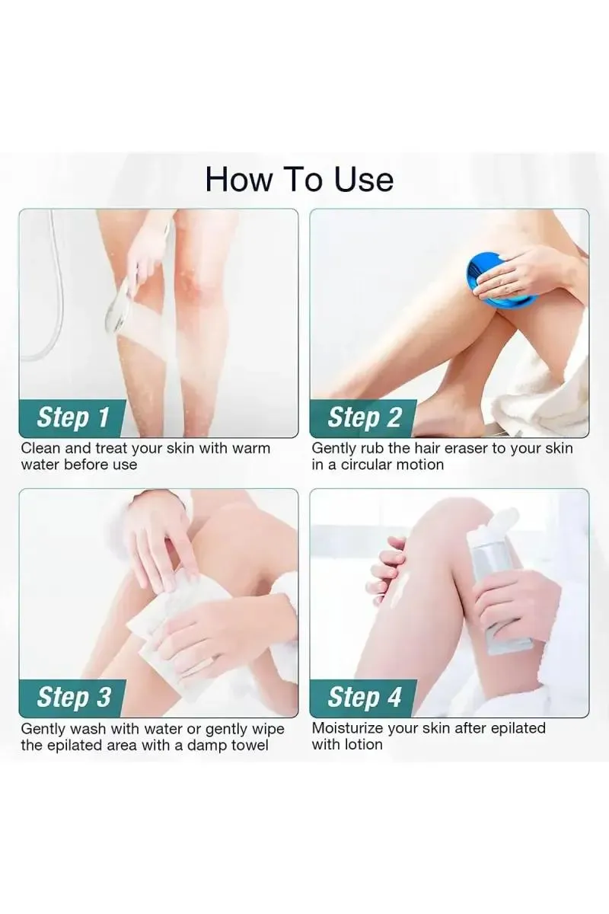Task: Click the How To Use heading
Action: click(299, 179)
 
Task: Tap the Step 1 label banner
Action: click(73, 417)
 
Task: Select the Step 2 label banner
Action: click(364, 417)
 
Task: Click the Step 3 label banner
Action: click(73, 697)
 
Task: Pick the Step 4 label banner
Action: click(364, 697)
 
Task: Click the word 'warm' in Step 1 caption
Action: click(250, 448)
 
